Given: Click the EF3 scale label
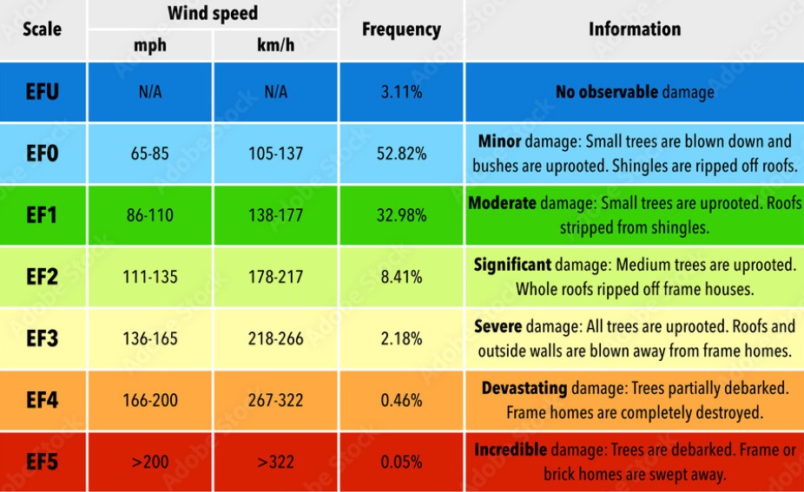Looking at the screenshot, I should (42, 338).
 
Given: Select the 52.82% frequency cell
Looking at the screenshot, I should (401, 154).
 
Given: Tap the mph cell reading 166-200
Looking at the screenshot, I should (150, 400).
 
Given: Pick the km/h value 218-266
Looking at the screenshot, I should (275, 338).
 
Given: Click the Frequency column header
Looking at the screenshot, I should (401, 30).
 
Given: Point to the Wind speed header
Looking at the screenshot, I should (213, 14).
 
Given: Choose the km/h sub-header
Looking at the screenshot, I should (275, 45).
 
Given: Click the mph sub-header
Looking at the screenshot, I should (150, 45).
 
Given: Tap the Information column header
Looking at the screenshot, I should (635, 30).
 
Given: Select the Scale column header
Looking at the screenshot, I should (42, 30).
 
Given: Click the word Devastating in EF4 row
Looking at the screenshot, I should (524, 389).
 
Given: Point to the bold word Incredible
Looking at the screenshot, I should (511, 450).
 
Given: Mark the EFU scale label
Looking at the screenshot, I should (42, 91).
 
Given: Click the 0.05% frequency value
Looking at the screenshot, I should (401, 462).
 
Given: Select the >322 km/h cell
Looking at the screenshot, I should (275, 462).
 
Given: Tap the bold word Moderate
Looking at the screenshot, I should (502, 203).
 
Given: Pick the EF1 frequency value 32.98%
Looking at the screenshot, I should (401, 215).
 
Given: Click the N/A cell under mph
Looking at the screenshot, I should (150, 91).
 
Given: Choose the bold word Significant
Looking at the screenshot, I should (512, 265).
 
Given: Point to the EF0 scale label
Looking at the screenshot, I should (42, 154).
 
